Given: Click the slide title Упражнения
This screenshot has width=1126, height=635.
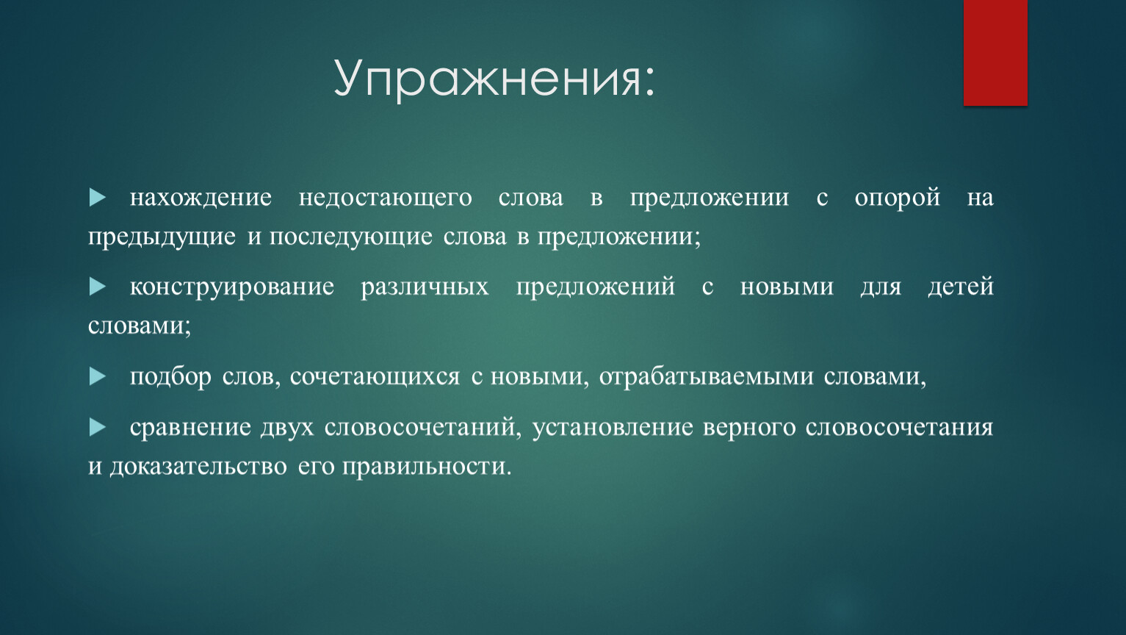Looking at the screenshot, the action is point(494,79).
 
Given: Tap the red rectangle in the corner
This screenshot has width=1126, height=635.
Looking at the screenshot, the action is point(995,53).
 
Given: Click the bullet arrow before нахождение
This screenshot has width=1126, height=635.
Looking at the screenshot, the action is point(98,197).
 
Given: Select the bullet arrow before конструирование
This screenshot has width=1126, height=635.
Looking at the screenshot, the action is point(98,287).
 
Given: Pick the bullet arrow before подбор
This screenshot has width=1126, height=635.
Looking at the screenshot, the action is point(98,376).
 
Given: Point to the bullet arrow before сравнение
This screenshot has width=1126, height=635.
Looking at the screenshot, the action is point(98,427).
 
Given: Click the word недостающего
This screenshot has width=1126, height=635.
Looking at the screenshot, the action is point(386,198).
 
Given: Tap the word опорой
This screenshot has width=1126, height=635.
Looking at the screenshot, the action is point(898,198).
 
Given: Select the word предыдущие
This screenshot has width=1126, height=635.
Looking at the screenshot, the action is point(162,237).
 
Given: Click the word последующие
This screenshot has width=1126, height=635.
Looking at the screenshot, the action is point(351,237).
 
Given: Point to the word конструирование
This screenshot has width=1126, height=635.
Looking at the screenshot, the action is point(232,287).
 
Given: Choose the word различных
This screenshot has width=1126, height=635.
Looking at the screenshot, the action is point(425,287).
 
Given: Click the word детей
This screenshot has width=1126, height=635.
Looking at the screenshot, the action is point(961,287).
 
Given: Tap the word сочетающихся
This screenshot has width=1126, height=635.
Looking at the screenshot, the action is point(375,377).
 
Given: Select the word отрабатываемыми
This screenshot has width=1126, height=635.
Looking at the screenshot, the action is point(707,377).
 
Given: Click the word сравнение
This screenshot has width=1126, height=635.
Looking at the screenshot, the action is point(190,428).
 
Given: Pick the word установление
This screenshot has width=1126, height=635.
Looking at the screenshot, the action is point(613,428).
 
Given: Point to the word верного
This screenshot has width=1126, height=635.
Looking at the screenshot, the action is point(749,428).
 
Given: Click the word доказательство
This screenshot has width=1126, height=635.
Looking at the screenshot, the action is point(198,467).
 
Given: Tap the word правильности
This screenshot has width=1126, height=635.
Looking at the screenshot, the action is point(427,467).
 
